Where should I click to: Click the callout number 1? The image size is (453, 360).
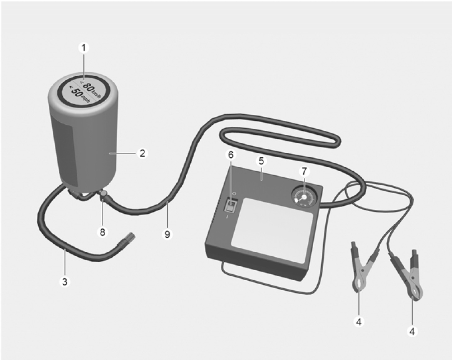84,48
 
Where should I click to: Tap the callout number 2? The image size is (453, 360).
143,153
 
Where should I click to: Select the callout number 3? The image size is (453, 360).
65,281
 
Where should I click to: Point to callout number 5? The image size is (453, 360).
261,161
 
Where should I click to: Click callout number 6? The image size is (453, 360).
231,155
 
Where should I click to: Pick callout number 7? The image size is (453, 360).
304,172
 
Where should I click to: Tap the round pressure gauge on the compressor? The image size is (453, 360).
304,197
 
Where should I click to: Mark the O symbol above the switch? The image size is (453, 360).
234,193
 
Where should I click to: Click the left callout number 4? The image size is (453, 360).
359,322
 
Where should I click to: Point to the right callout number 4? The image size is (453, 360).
412,331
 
